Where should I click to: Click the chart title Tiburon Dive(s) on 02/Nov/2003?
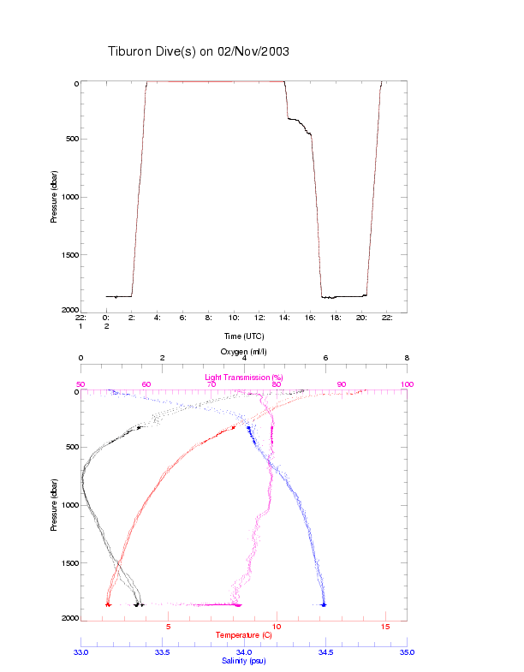click(198, 51)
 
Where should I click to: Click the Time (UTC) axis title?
click(244, 336)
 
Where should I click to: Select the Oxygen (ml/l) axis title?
click(244, 352)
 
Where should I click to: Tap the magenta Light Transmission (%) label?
click(244, 377)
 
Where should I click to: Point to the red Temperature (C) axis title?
click(244, 635)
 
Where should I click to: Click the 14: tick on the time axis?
click(285, 318)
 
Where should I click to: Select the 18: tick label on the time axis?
click(336, 318)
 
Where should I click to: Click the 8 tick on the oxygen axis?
click(407, 359)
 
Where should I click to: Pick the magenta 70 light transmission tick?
click(211, 384)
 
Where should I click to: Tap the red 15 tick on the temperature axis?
click(385, 627)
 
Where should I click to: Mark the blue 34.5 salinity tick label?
click(325, 652)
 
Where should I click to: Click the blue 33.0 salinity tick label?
click(81, 652)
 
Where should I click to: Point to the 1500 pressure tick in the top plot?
click(67, 255)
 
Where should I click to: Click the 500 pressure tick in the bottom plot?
click(70, 447)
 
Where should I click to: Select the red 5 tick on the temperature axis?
click(169, 627)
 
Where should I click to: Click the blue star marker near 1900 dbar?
click(324, 604)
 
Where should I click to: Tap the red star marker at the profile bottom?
click(108, 604)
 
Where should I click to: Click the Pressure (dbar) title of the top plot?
click(54, 196)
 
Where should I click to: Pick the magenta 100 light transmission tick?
click(407, 384)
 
